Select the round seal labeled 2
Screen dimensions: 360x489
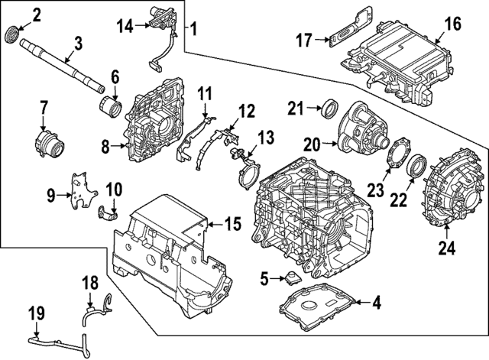13,35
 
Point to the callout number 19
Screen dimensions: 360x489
35,313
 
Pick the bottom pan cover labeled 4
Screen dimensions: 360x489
317,310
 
